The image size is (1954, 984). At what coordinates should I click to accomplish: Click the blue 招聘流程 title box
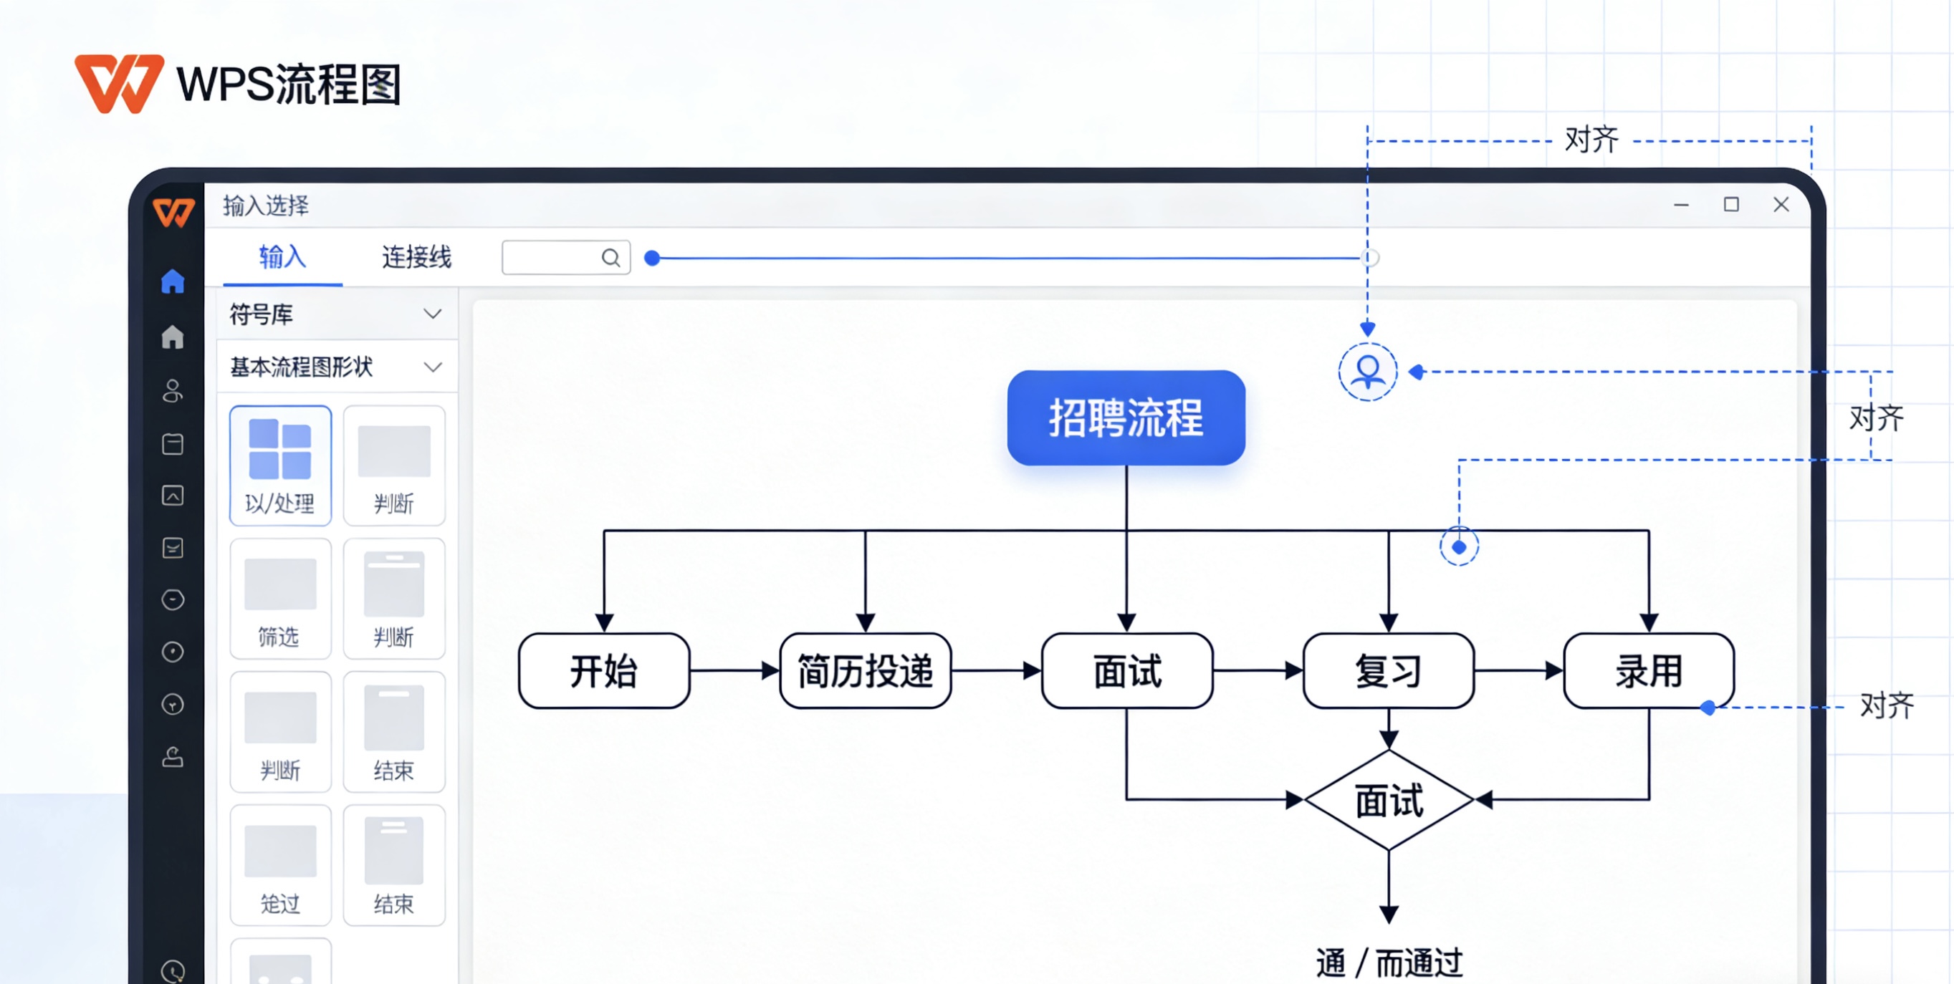click(1126, 418)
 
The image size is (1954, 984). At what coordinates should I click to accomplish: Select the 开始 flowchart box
click(604, 671)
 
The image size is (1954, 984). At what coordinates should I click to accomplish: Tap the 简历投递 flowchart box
click(865, 671)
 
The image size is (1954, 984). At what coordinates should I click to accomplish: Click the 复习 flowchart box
click(1388, 671)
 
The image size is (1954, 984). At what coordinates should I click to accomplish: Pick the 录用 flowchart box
click(1648, 671)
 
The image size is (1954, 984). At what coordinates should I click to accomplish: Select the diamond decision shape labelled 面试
click(1388, 801)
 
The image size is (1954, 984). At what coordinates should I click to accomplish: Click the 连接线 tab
click(416, 257)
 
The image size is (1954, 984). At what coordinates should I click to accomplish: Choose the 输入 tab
click(282, 257)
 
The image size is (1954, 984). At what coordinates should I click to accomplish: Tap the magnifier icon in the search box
click(610, 258)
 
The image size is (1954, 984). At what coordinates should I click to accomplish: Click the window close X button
click(1781, 205)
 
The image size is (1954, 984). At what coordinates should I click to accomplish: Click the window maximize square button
click(1731, 205)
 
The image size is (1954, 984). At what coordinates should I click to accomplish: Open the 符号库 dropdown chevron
click(432, 314)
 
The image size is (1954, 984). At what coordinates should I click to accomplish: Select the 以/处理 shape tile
click(280, 465)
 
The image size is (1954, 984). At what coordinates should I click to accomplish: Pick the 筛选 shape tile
click(280, 598)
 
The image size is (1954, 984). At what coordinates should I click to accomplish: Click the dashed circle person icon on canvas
click(1368, 372)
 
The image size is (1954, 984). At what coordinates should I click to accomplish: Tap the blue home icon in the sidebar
click(173, 281)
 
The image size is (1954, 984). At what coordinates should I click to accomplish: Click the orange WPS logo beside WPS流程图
click(119, 83)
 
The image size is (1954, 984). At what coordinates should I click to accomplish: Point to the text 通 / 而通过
click(1388, 963)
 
